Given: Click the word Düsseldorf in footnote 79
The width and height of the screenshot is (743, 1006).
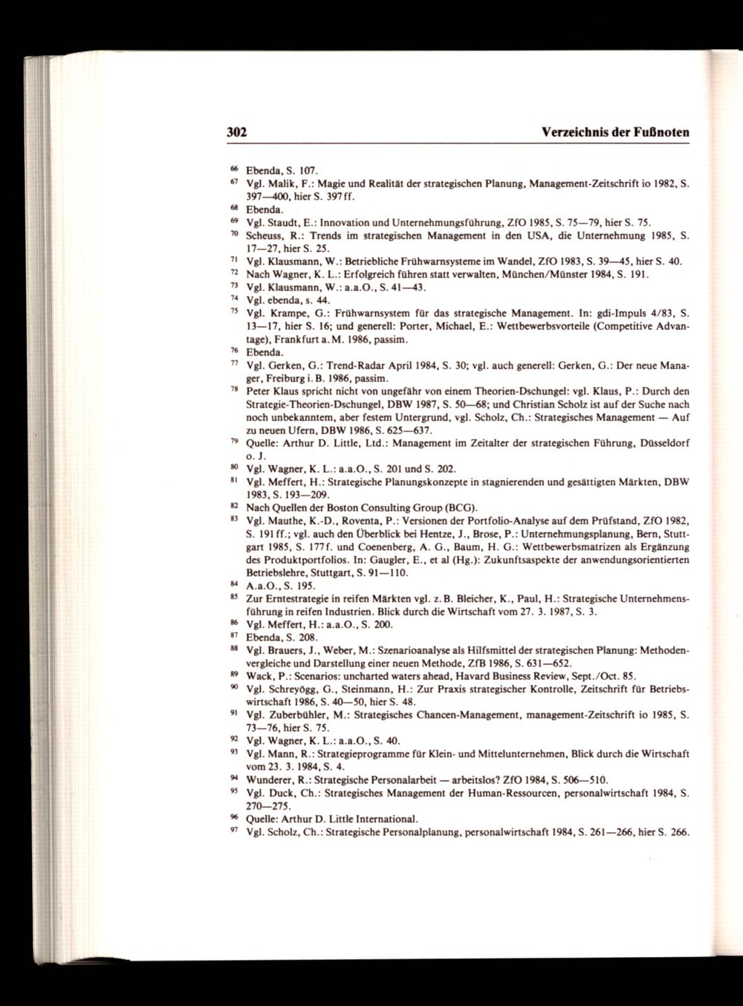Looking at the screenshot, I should pyautogui.click(x=662, y=443).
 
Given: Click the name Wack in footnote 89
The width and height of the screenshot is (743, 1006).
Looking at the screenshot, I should pyautogui.click(x=259, y=676).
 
